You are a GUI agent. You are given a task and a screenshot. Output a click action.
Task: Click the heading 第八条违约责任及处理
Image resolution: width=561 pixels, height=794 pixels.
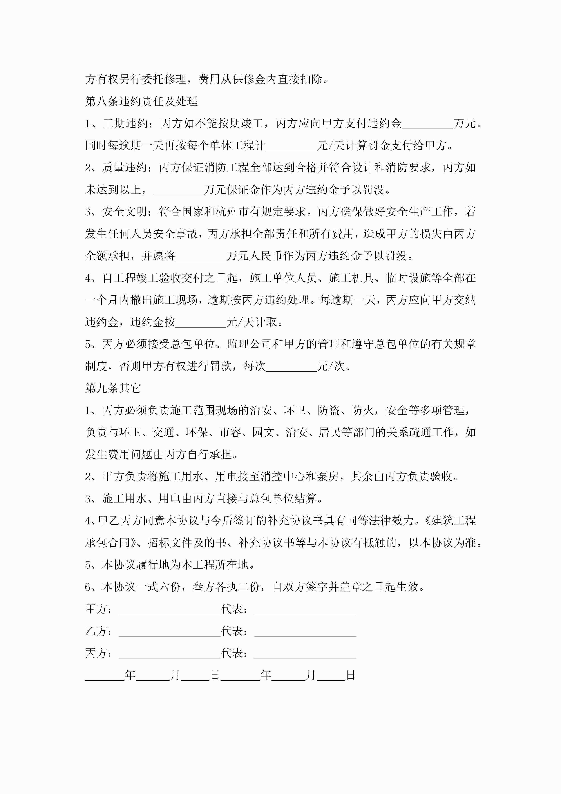click(141, 101)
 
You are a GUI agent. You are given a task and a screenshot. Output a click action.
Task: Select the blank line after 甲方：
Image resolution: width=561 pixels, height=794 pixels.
click(169, 609)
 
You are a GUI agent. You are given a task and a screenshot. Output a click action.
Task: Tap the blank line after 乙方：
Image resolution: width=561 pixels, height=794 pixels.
click(169, 631)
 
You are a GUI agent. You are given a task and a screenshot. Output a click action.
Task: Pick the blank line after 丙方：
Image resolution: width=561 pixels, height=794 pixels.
click(169, 653)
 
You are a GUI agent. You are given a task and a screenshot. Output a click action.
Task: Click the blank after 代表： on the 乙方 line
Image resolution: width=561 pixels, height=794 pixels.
click(305, 631)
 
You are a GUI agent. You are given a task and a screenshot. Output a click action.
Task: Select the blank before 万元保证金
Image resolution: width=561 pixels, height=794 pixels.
click(178, 190)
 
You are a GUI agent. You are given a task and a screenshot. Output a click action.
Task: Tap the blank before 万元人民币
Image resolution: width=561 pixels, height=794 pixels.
click(200, 256)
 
